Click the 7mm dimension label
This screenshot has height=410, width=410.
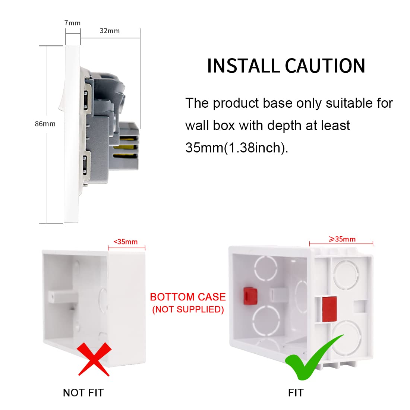[72, 23]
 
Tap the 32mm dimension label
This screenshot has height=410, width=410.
[110, 31]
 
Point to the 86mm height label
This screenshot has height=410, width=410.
[45, 124]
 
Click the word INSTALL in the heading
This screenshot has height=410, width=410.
[243, 66]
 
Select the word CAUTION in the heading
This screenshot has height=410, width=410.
[325, 66]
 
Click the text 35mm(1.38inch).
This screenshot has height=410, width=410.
[237, 148]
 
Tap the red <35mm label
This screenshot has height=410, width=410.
[126, 242]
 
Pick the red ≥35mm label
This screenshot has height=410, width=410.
[342, 239]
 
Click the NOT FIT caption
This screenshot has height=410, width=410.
[83, 393]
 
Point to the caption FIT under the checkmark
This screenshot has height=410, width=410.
[296, 393]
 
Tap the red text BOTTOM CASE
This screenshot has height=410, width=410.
[188, 297]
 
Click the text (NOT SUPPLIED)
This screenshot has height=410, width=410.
[188, 310]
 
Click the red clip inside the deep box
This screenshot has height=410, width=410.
[250, 296]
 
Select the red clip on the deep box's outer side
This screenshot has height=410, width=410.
[329, 309]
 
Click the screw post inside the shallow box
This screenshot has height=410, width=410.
[63, 297]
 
